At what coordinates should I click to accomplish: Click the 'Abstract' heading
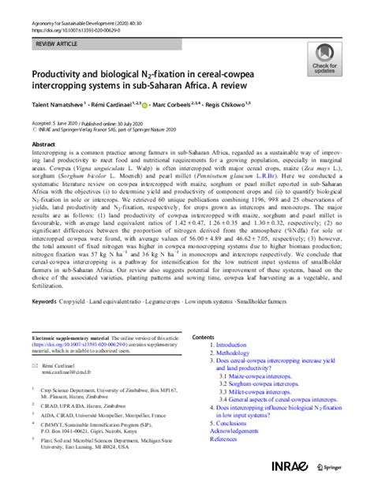(x=43, y=145)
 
